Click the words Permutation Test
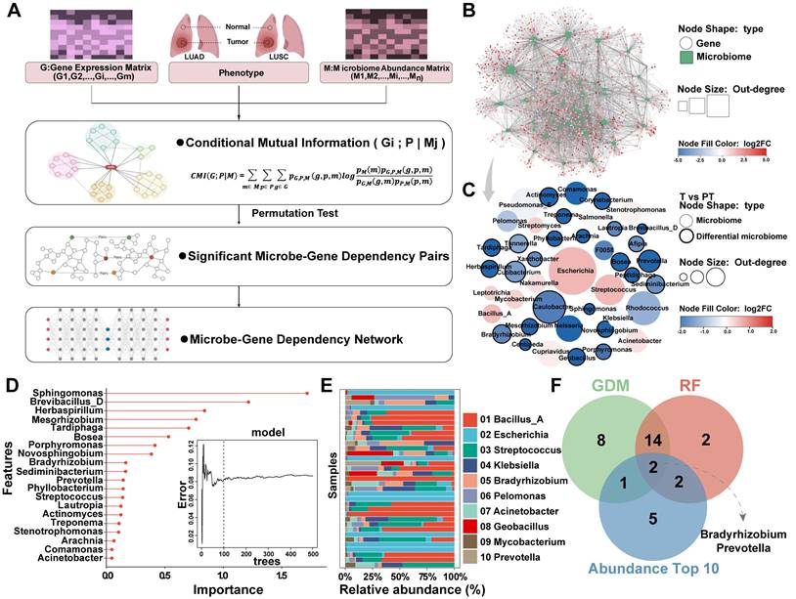tap(231, 209)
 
